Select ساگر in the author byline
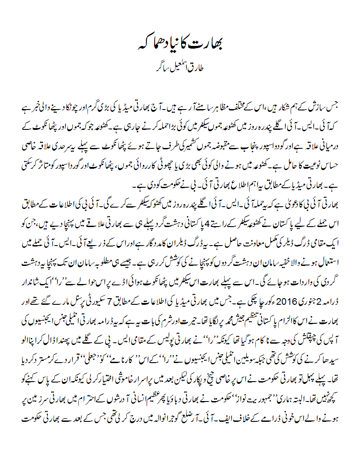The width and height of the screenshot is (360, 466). (x=161, y=69)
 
